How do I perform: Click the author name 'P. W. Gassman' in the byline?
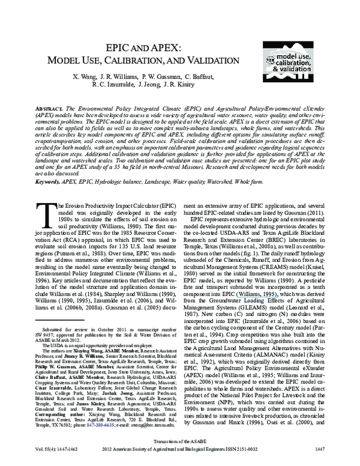pos(160,77)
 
